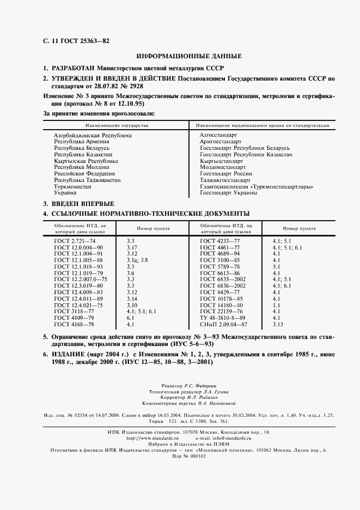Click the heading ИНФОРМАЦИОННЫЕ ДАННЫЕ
click(x=188, y=56)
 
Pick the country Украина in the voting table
click(x=65, y=193)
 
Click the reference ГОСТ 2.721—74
click(x=75, y=240)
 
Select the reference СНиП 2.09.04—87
click(x=224, y=324)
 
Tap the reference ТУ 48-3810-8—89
click(x=223, y=318)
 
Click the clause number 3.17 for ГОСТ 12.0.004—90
click(x=132, y=247)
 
